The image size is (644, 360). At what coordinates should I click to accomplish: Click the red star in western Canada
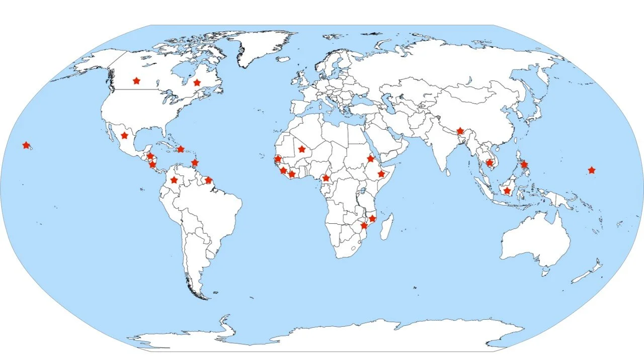pyautogui.click(x=136, y=80)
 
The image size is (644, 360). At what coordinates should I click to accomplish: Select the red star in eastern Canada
pyautogui.click(x=197, y=82)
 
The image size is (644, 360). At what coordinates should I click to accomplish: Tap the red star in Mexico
pyautogui.click(x=124, y=135)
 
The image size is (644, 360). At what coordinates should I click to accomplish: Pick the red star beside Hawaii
pyautogui.click(x=26, y=145)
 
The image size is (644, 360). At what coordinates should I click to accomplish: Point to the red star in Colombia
pyautogui.click(x=174, y=180)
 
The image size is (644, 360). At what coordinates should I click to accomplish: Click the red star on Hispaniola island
pyautogui.click(x=181, y=149)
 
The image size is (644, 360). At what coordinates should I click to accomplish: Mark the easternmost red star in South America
pyautogui.click(x=208, y=180)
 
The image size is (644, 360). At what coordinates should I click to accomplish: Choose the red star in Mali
pyautogui.click(x=301, y=149)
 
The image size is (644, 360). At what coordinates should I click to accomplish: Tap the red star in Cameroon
pyautogui.click(x=326, y=178)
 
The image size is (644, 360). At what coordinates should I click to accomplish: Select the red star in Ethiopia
pyautogui.click(x=381, y=174)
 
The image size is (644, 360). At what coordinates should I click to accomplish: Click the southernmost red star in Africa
pyautogui.click(x=364, y=226)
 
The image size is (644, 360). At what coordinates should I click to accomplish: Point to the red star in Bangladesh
pyautogui.click(x=460, y=131)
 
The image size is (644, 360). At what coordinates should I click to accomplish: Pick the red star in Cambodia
pyautogui.click(x=489, y=162)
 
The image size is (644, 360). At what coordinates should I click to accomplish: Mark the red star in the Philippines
pyautogui.click(x=524, y=164)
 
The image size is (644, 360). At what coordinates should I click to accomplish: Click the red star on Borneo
pyautogui.click(x=507, y=191)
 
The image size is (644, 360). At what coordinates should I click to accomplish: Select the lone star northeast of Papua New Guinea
pyautogui.click(x=591, y=170)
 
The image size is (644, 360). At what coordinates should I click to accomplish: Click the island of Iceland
pyautogui.click(x=283, y=59)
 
